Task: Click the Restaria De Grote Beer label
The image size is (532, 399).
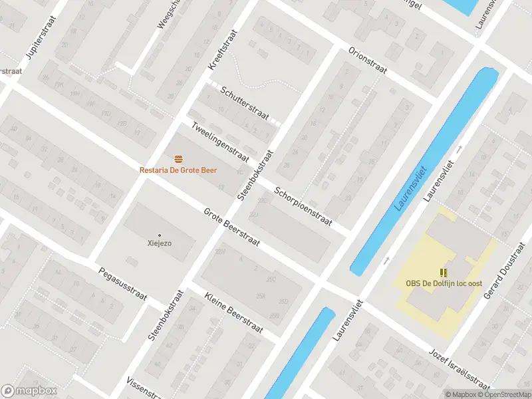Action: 178,170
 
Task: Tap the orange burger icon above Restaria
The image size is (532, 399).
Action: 178,158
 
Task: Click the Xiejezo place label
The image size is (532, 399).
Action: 160,243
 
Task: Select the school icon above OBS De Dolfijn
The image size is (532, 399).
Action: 444,272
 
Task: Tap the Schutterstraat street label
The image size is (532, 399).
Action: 245,104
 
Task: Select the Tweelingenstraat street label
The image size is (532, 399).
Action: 219,142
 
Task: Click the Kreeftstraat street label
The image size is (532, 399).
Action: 223,49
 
